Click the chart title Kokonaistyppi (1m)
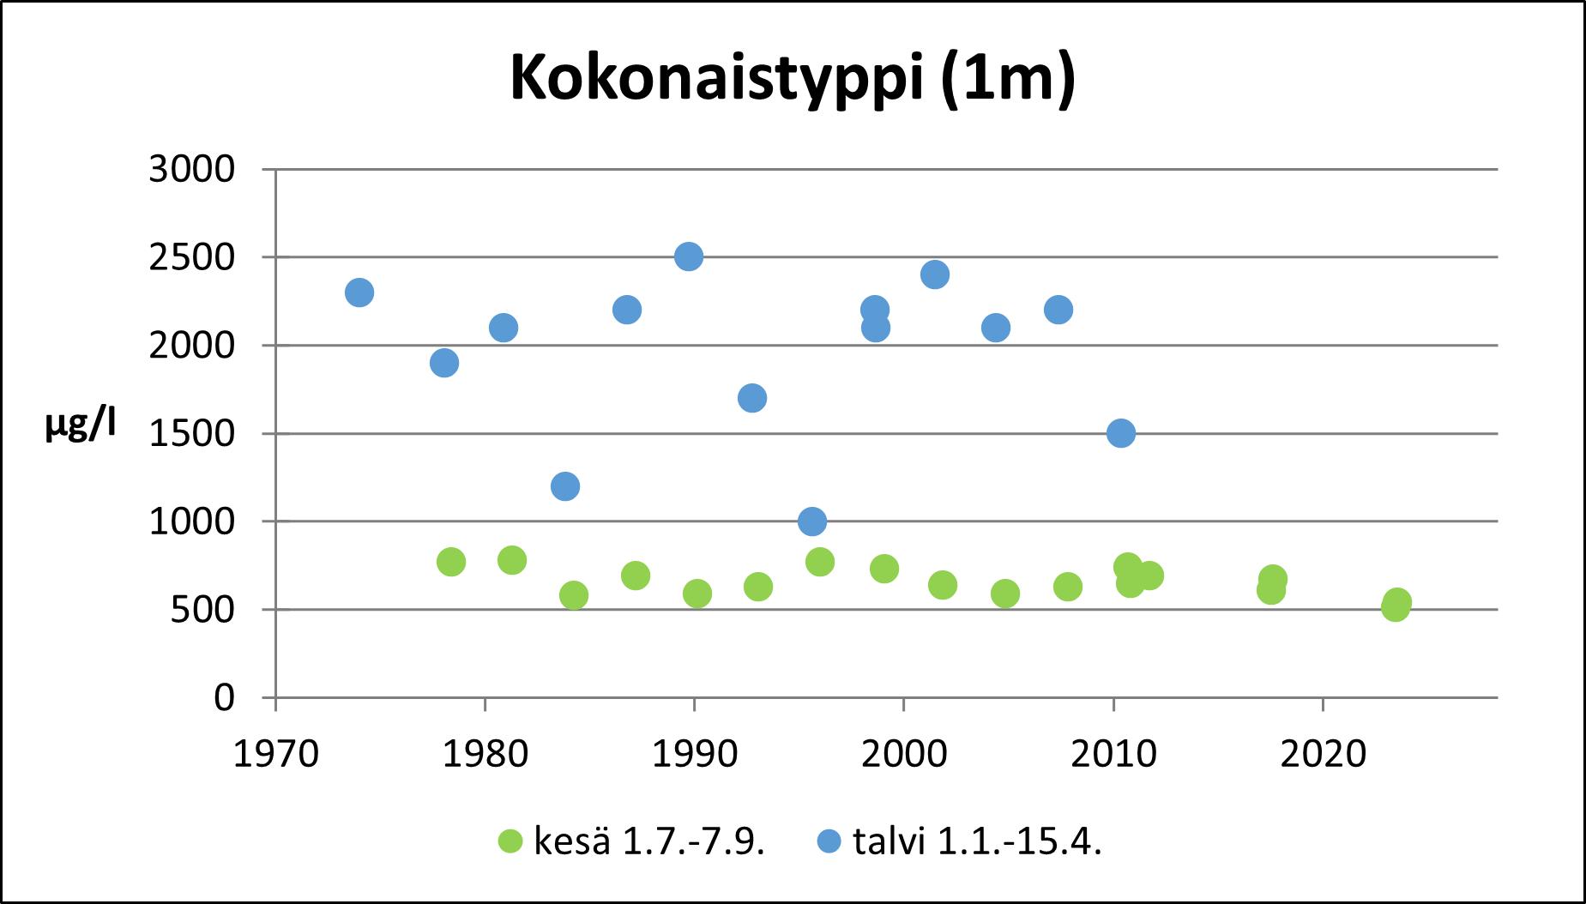(x=793, y=79)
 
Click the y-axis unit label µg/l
(x=80, y=425)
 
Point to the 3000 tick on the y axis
(x=191, y=169)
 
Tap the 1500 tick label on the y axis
(x=191, y=433)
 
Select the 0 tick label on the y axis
(x=224, y=697)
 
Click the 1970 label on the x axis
(x=275, y=754)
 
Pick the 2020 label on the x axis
(x=1323, y=754)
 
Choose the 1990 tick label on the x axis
(x=694, y=754)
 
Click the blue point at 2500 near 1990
(x=689, y=256)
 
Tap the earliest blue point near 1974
(x=359, y=292)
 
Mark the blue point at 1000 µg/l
(x=812, y=521)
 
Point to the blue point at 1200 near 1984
(x=564, y=486)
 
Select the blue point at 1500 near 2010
(x=1120, y=433)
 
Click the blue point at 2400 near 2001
(x=935, y=274)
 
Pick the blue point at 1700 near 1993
(x=752, y=398)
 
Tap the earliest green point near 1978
(x=451, y=562)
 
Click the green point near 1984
(x=574, y=594)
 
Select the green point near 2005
(x=1005, y=593)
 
